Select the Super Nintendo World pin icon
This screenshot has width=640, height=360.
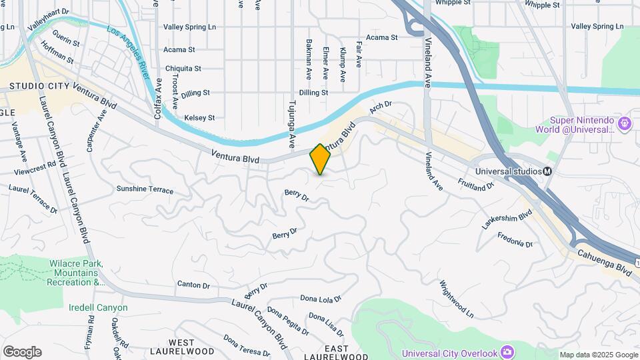tap(624, 123)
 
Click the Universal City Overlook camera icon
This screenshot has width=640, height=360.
tap(507, 351)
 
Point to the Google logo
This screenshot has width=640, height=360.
tap(22, 352)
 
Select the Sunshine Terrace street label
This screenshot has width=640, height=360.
tap(145, 189)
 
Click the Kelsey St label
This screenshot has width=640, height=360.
tap(199, 118)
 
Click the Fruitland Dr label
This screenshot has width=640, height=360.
tap(475, 181)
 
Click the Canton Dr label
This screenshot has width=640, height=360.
tap(193, 285)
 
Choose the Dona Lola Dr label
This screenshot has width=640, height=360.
tap(321, 299)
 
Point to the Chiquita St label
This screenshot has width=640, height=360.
tap(183, 69)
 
